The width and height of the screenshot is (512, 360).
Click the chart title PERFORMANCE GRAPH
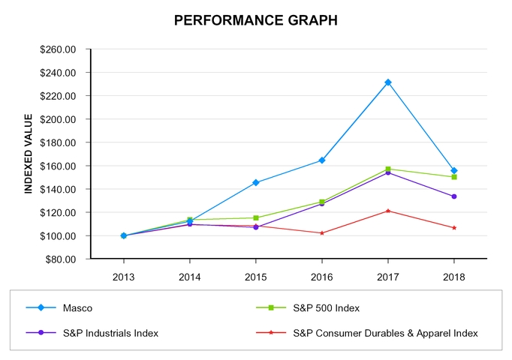[x=255, y=20]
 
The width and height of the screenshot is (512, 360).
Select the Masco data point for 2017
[x=388, y=82]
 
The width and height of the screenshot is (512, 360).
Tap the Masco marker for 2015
[x=256, y=182]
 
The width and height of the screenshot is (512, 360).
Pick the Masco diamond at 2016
[x=322, y=160]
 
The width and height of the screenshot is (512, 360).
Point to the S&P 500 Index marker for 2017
[x=388, y=169]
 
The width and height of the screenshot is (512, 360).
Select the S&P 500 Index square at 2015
[x=256, y=217]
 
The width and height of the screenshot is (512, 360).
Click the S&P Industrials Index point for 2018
[x=454, y=196]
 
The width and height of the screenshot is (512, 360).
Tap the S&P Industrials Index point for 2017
[x=388, y=172]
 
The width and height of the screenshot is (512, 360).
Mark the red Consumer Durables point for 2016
[x=322, y=232]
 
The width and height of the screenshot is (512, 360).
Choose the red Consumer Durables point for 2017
[x=388, y=211]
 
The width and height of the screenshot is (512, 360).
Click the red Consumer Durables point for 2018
[x=454, y=227]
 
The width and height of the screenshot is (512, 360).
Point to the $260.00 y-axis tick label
[x=59, y=49]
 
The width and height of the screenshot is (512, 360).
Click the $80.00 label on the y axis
[x=62, y=259]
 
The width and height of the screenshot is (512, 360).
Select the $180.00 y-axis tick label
[x=59, y=142]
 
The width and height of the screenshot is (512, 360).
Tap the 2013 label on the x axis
[x=124, y=276]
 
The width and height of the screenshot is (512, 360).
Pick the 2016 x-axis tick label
[x=322, y=276]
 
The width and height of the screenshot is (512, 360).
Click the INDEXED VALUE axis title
[x=29, y=154]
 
